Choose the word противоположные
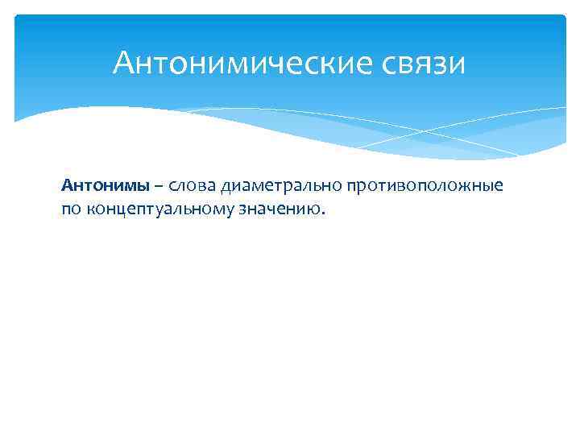426,186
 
